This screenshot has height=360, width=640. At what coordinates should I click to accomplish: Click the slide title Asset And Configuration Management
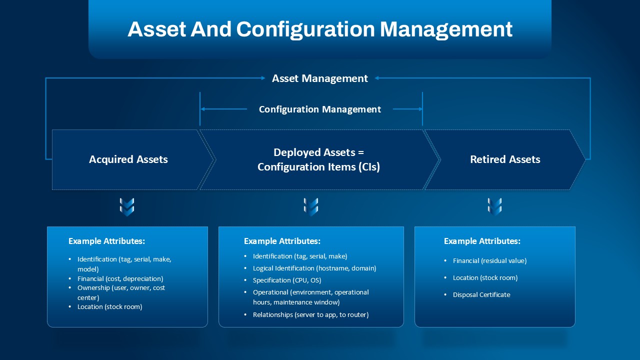(x=320, y=29)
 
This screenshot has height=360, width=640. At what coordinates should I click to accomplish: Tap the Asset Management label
(x=319, y=78)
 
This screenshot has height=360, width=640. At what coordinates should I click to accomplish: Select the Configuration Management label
(x=319, y=109)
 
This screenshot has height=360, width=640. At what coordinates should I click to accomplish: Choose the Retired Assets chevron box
(x=505, y=159)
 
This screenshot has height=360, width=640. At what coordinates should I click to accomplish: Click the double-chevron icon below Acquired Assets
(x=127, y=207)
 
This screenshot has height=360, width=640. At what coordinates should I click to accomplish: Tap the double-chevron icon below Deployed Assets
(x=311, y=207)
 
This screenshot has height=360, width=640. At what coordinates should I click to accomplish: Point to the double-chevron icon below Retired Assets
(x=494, y=207)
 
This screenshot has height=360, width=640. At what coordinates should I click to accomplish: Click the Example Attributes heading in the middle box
(x=282, y=241)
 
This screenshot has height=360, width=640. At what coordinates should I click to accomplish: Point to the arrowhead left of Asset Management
(x=263, y=78)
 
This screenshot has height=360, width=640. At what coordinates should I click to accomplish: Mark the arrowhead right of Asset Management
(x=377, y=78)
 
